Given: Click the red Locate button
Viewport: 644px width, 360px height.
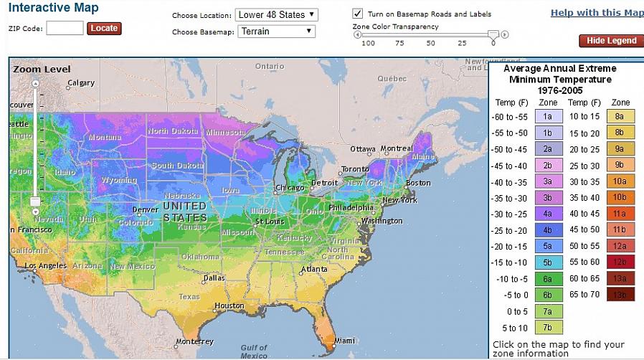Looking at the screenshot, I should (104, 29).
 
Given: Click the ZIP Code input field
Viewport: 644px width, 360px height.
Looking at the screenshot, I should (65, 29).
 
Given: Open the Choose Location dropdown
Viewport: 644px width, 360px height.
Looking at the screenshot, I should (276, 14).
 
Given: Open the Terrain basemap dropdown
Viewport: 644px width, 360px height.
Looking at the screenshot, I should (276, 32).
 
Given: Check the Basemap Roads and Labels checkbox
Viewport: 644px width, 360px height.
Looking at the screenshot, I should (357, 14).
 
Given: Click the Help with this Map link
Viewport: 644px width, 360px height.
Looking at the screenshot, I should (597, 13).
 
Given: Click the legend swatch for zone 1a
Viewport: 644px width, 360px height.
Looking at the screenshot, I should (547, 116).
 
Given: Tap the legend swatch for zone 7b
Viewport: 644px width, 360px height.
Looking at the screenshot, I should (547, 328).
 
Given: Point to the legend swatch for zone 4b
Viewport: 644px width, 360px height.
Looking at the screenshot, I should (547, 230).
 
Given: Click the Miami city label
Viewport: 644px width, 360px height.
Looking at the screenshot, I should (344, 341).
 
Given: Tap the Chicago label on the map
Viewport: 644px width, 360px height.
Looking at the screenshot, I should (290, 188).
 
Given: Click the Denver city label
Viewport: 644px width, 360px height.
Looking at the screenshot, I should (146, 210).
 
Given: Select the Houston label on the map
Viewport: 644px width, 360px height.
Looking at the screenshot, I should (229, 305).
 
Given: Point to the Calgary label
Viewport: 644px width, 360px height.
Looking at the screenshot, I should (80, 83).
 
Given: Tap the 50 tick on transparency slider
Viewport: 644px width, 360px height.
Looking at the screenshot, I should (430, 44).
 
